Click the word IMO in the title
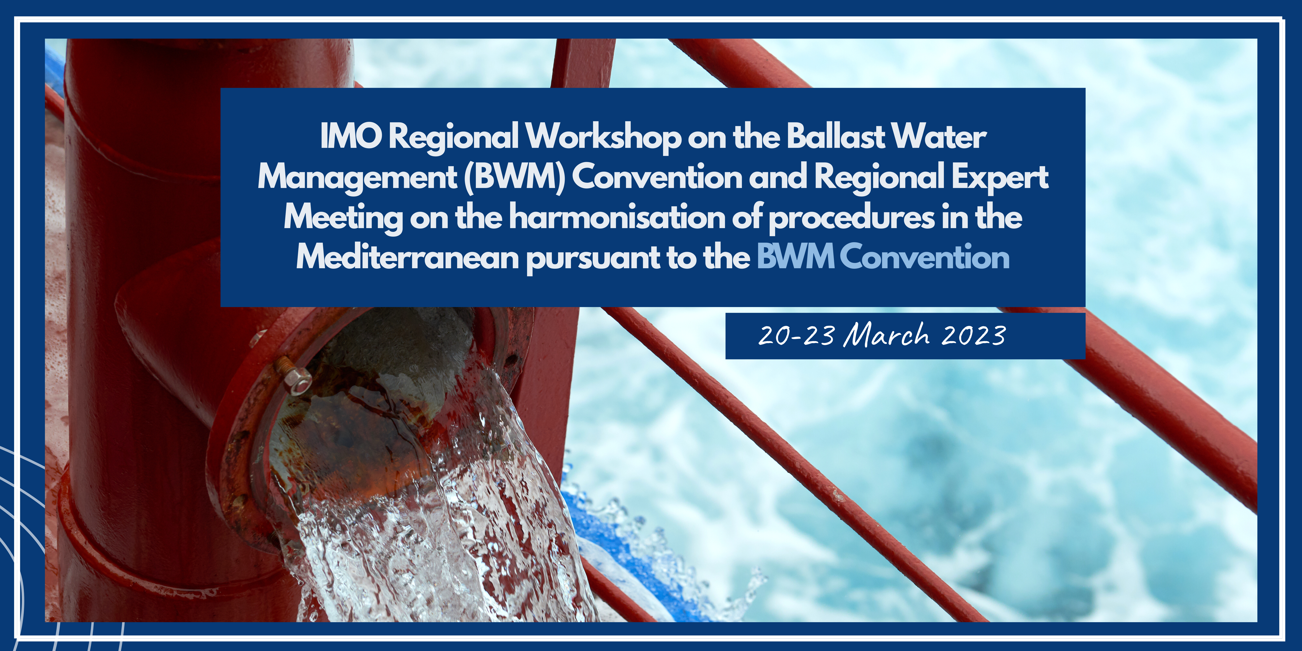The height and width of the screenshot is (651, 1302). click(x=351, y=136)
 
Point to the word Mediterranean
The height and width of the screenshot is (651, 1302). click(x=407, y=258)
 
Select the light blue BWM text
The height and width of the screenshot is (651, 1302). click(x=795, y=257)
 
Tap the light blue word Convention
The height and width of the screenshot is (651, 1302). click(x=925, y=257)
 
